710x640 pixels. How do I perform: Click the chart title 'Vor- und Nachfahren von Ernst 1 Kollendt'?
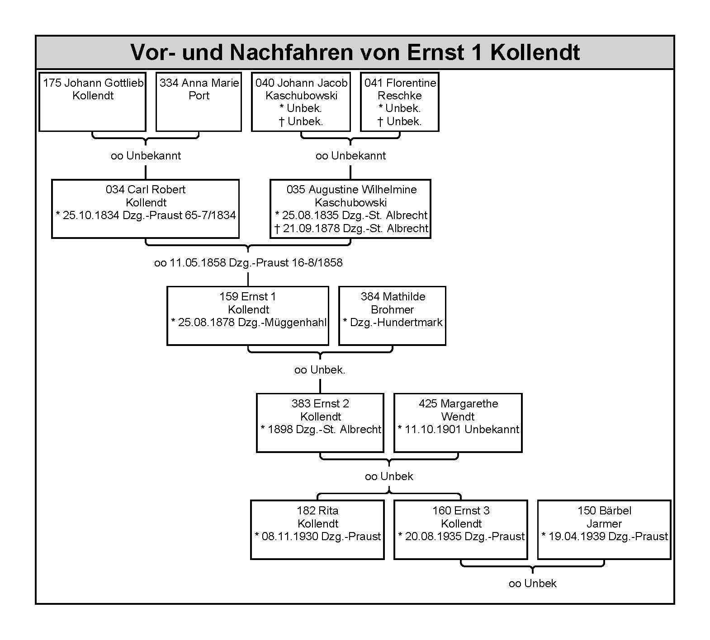(355, 52)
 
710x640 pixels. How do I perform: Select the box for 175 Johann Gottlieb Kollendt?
(93, 102)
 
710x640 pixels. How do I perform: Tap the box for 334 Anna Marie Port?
(199, 102)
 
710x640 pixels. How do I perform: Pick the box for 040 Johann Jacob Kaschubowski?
(301, 102)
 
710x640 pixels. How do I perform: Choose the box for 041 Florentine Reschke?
(400, 102)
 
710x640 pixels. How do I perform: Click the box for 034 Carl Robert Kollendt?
(146, 209)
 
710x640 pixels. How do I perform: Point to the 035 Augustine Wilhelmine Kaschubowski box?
(350, 209)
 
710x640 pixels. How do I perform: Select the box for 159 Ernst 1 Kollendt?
(248, 316)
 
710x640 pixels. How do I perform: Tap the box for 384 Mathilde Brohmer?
(393, 316)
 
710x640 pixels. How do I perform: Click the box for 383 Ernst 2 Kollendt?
(320, 423)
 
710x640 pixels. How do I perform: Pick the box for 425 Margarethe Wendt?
(458, 423)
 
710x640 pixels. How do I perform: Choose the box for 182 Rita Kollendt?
(317, 530)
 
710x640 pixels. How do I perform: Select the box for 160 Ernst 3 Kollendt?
(461, 530)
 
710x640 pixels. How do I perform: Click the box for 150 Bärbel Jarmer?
(604, 530)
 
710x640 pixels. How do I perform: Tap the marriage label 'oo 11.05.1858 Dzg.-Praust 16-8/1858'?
(248, 263)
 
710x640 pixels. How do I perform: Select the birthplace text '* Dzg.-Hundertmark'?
(393, 322)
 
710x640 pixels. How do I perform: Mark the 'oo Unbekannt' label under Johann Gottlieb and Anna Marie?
(146, 156)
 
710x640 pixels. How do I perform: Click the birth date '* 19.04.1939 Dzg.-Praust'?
(605, 537)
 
